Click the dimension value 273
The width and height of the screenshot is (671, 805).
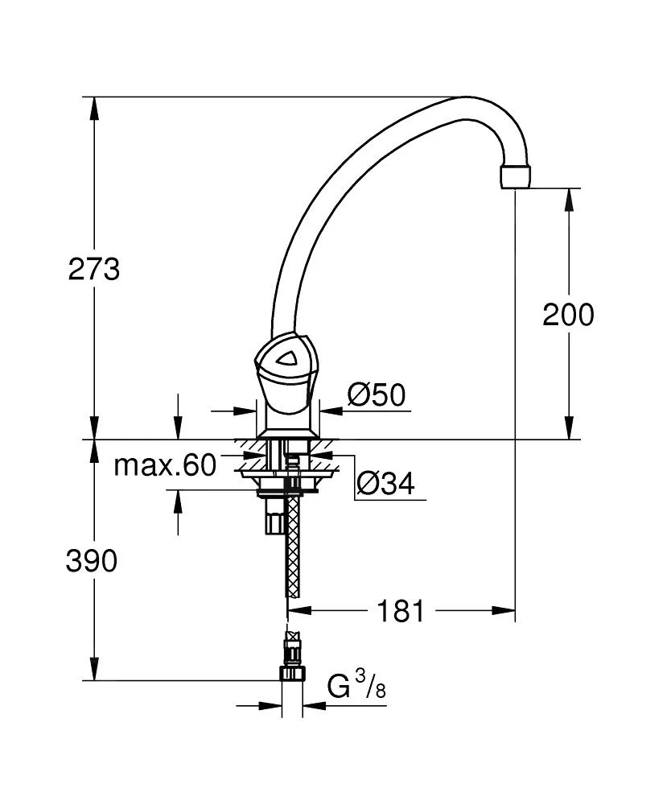pyautogui.click(x=93, y=269)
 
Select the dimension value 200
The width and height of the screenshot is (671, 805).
pyautogui.click(x=568, y=314)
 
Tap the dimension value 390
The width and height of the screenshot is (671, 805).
pyautogui.click(x=91, y=560)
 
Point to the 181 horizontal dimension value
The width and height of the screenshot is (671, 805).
pyautogui.click(x=401, y=611)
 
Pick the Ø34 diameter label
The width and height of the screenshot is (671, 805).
pyautogui.click(x=385, y=484)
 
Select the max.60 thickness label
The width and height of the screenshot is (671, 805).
pyautogui.click(x=165, y=464)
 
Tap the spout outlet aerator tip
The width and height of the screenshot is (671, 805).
pyautogui.click(x=516, y=177)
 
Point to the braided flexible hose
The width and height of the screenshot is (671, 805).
pyautogui.click(x=294, y=547)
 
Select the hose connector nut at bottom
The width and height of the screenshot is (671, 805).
pyautogui.click(x=290, y=672)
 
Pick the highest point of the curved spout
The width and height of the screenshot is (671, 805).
pyautogui.click(x=467, y=99)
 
